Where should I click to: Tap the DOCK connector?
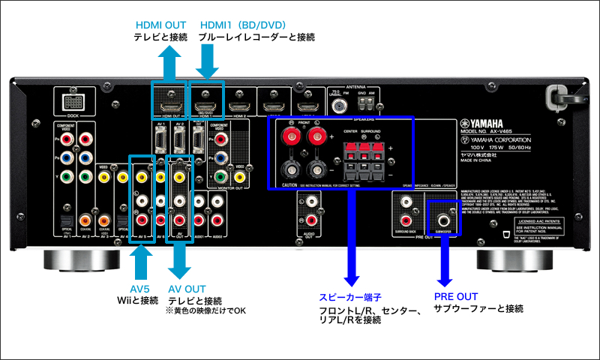[73, 102]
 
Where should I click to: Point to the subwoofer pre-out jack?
[445, 220]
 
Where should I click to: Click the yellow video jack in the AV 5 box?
[142, 178]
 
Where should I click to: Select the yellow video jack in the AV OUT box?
[179, 178]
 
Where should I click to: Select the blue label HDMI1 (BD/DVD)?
[241, 25]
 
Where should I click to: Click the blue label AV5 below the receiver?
[141, 289]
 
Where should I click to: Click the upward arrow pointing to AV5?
[141, 259]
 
